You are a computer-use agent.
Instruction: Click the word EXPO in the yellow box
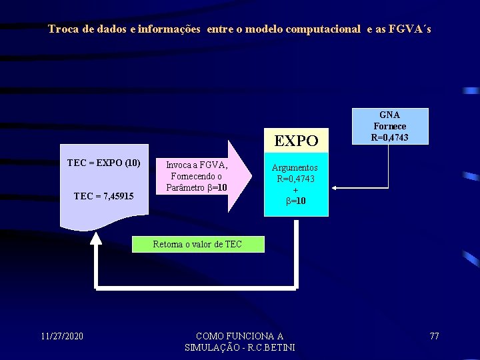click(x=297, y=141)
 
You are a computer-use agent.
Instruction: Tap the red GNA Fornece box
click(x=390, y=127)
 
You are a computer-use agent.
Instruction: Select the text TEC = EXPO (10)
click(x=103, y=163)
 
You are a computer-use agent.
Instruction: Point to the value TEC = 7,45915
click(x=103, y=196)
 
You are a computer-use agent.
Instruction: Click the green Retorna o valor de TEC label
click(x=197, y=245)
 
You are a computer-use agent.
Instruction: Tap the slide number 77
click(x=435, y=336)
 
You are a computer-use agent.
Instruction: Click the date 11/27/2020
click(x=62, y=336)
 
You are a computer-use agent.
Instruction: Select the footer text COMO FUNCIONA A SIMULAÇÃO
click(x=239, y=341)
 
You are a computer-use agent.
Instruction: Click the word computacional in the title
click(x=323, y=29)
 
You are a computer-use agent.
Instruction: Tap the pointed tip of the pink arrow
click(x=251, y=176)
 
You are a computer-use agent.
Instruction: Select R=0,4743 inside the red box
click(x=390, y=137)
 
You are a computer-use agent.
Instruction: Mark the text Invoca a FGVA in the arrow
click(x=197, y=165)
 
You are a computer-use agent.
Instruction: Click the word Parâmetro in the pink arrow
click(x=185, y=187)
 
